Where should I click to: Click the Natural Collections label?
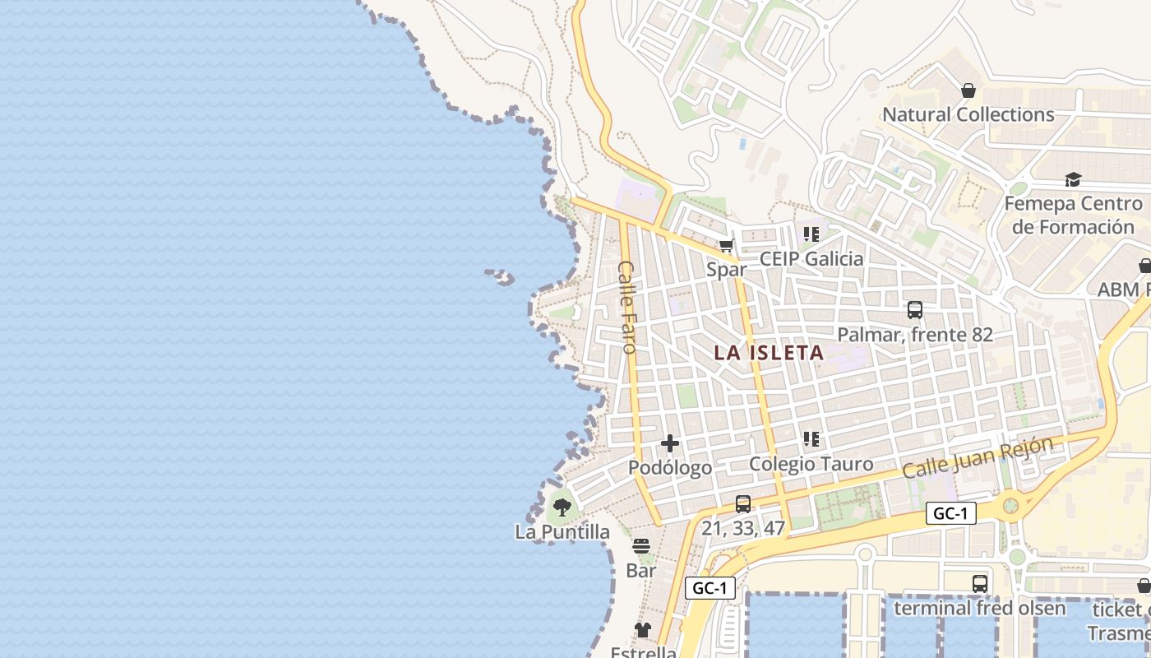[968, 114]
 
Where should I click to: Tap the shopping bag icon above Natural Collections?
[968, 90]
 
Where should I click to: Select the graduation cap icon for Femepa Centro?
[1073, 179]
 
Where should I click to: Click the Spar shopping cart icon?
[726, 245]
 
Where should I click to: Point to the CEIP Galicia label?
[811, 259]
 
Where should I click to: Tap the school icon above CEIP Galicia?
[811, 234]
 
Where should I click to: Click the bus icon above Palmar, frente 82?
[915, 310]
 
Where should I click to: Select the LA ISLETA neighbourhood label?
[769, 353]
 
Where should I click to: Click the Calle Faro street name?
[627, 307]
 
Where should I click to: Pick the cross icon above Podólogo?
[670, 443]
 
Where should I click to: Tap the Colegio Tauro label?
[811, 464]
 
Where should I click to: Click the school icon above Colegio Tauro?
[811, 439]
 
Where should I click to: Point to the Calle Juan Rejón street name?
[978, 457]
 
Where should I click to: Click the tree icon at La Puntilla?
[562, 507]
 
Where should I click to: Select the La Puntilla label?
[562, 532]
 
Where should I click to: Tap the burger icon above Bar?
[641, 546]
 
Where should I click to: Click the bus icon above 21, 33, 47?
[743, 504]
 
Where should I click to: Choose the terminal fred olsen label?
[979, 609]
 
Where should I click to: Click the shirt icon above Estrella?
[643, 630]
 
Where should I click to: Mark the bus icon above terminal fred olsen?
[980, 584]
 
